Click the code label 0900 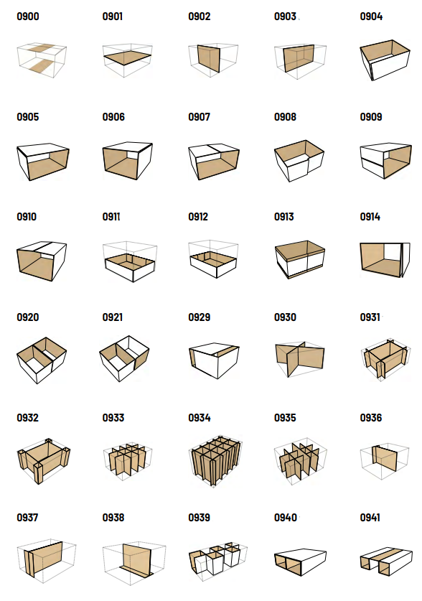pos(28,17)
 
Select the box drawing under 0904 pos(385,60)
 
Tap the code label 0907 pos(199,117)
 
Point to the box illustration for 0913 pos(300,259)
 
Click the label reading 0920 pos(28,317)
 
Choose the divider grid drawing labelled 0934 pos(215,461)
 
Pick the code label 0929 pos(199,317)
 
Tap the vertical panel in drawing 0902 pos(209,58)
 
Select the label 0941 pos(370,518)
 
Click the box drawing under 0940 pos(300,562)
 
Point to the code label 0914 pos(370,217)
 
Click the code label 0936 pos(371,418)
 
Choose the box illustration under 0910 pos(42,261)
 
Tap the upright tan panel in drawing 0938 pos(136,559)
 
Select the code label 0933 pos(113,418)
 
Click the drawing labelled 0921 pos(124,358)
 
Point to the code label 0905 pos(28,117)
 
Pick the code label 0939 pos(199,518)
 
